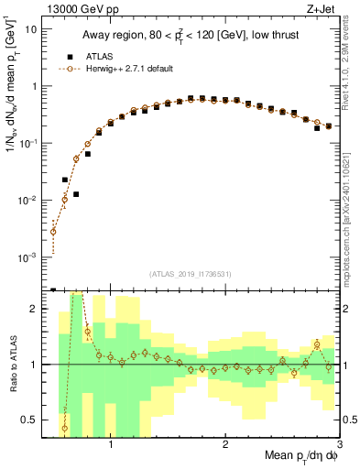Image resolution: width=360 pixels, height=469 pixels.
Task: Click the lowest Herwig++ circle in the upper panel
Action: pos(54,232)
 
